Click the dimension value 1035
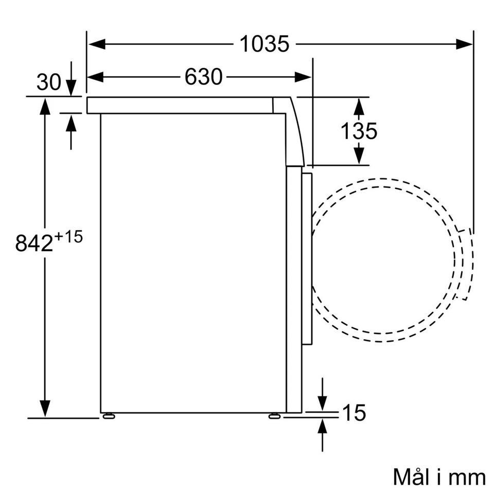tap(264, 44)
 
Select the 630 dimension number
tap(204, 77)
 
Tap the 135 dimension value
tap(359, 131)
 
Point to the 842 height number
tap(34, 243)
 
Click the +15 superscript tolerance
tap(68, 236)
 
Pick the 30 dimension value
tap(49, 82)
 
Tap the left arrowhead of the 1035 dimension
tap(97, 44)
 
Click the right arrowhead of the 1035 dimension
tap(464, 44)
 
